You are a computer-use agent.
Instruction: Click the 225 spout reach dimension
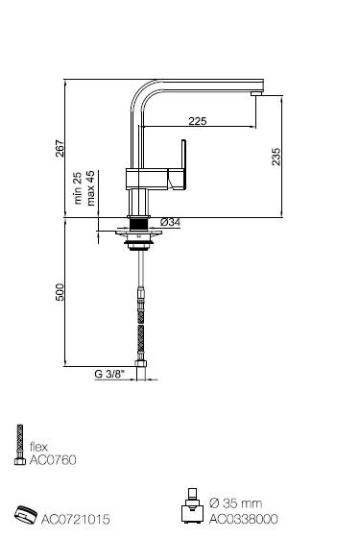click(x=198, y=121)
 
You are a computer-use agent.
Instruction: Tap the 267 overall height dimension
click(x=60, y=148)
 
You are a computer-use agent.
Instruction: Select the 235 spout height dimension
click(x=276, y=157)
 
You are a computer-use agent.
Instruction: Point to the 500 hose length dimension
click(x=60, y=292)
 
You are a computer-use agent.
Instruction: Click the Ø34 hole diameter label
click(x=170, y=222)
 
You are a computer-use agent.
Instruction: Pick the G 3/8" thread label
click(x=109, y=374)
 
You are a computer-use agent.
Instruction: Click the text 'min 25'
click(x=78, y=188)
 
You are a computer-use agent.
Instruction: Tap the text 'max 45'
click(x=90, y=188)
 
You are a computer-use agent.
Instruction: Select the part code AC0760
click(x=53, y=460)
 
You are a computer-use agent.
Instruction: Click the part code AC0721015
click(x=76, y=519)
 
